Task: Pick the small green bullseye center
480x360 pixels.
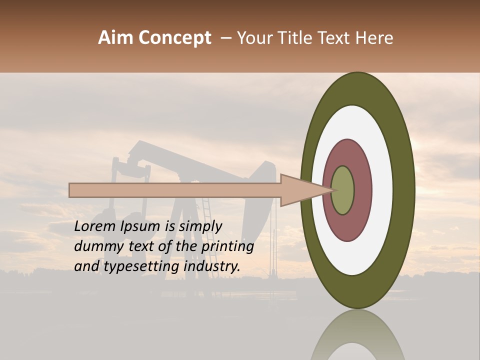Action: pos(343,190)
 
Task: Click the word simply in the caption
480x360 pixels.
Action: pos(200,226)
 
